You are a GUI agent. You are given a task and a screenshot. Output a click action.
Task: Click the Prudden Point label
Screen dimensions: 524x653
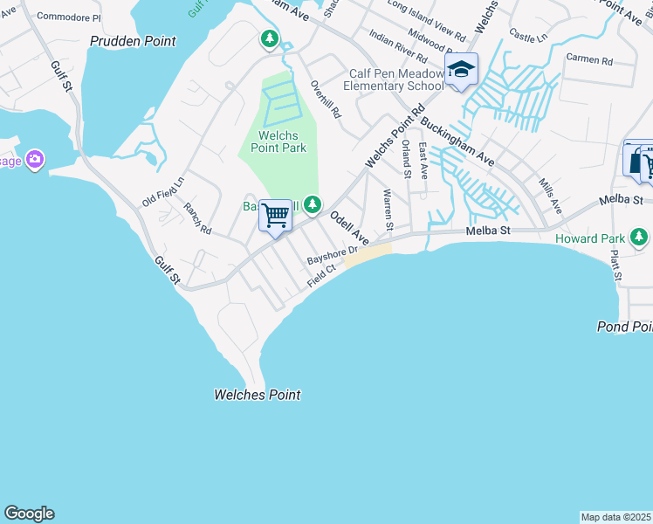[x=134, y=41]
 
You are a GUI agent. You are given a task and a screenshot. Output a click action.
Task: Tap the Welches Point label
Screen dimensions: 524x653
[x=257, y=395]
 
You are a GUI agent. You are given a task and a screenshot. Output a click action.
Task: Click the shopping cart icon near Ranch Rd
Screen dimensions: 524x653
[x=276, y=214]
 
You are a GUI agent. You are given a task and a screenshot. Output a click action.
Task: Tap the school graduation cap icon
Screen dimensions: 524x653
[x=461, y=70]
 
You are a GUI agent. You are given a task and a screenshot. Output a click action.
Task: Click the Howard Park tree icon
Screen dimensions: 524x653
[x=640, y=237]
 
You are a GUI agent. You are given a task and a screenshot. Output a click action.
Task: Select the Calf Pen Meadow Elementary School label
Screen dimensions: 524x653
[x=394, y=79]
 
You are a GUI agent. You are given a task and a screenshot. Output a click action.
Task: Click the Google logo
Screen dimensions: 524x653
[x=29, y=514]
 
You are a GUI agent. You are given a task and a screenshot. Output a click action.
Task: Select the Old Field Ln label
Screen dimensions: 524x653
[x=163, y=193]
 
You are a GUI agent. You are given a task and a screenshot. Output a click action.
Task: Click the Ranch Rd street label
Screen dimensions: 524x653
[x=197, y=218]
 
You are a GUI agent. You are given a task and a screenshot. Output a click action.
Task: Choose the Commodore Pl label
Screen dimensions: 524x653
[x=69, y=17]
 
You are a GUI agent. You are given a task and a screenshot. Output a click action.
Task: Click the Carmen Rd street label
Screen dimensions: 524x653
[x=589, y=59]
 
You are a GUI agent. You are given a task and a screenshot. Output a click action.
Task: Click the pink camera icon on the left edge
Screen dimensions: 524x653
[x=35, y=159]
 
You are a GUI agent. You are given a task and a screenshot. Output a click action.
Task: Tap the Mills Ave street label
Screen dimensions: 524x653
[x=550, y=197]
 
